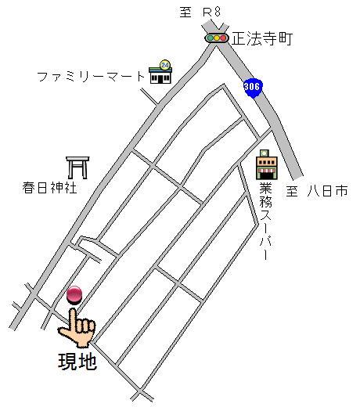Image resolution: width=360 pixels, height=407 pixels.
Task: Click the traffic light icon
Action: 216,38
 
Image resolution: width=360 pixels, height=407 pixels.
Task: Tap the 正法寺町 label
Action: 261,38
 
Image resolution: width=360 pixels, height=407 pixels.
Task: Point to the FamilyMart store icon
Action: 161,74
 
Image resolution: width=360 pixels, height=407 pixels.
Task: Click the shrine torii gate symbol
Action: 77,167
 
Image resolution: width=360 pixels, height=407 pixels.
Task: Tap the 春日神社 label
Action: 49,189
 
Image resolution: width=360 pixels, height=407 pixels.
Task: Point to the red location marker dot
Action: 75,294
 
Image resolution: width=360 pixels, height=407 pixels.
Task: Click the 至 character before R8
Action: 186,10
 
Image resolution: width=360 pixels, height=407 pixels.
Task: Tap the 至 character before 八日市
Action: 293,190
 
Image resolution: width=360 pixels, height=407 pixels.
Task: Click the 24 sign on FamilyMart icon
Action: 164,64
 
